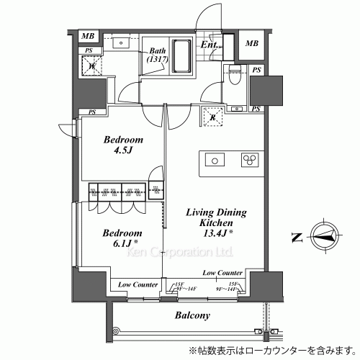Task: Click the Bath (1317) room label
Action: (x=158, y=55)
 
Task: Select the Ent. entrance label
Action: (x=210, y=45)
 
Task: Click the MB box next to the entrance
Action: (x=251, y=43)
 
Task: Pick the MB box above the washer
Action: (x=87, y=37)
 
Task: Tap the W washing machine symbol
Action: (x=91, y=67)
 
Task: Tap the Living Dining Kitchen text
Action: (x=217, y=219)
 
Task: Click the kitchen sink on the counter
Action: (x=215, y=160)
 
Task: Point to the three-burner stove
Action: (x=250, y=160)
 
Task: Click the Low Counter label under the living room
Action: (x=222, y=274)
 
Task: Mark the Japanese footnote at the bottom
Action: (x=271, y=351)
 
